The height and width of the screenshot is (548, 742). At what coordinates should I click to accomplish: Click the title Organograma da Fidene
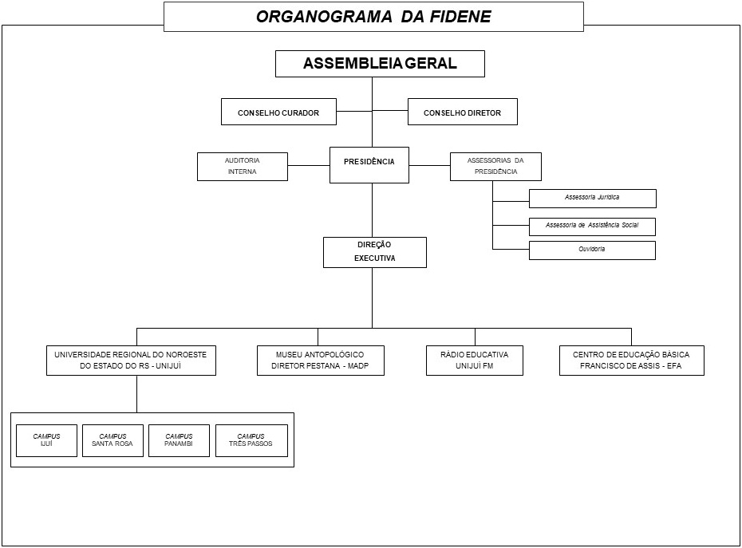373,16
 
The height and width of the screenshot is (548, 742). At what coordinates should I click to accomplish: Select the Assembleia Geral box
380,64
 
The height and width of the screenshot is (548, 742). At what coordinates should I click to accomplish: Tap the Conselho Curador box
278,112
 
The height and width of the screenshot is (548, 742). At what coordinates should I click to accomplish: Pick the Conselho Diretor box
462,112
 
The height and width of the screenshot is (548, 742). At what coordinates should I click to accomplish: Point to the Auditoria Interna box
242,166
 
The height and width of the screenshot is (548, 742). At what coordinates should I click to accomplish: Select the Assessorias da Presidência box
495,166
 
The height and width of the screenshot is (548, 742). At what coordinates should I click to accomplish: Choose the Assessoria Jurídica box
592,198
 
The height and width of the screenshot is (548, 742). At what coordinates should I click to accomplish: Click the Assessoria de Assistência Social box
592,226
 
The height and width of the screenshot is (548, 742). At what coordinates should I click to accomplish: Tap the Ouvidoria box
592,250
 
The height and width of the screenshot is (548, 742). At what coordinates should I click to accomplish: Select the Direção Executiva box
374,252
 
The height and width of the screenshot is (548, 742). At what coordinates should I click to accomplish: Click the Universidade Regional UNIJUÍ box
131,361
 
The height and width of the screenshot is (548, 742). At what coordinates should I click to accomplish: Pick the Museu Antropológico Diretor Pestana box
320,361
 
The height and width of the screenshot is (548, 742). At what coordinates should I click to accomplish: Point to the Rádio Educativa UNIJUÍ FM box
475,361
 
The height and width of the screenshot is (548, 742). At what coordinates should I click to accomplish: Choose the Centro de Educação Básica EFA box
631,361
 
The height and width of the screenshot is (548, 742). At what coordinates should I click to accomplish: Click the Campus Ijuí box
46,440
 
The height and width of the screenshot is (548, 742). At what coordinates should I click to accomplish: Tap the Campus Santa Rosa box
112,440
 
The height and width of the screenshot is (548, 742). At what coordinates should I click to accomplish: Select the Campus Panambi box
179,440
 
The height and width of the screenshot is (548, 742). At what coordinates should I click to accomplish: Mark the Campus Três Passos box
251,440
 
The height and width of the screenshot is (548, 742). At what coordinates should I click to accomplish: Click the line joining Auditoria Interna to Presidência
309,165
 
